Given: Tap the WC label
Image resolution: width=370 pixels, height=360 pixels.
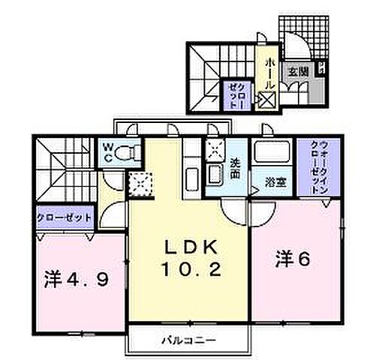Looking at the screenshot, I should coord(108,154).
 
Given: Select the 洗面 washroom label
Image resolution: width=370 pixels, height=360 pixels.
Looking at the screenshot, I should coord(235,166).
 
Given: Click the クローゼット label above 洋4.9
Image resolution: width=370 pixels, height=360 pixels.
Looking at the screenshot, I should coord(64,217).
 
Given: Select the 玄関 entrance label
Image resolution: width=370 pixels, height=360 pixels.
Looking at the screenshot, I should coord(298,72).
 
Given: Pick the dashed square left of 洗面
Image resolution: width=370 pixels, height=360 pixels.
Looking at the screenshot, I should coord(215,150).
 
